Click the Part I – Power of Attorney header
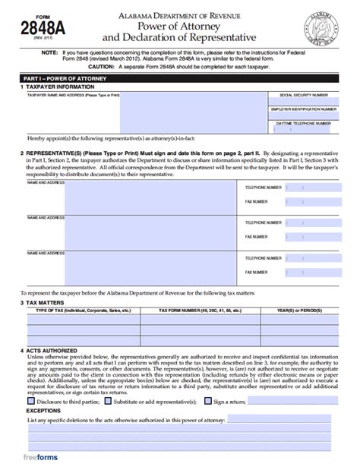point(57,79)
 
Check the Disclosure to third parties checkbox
point(30,401)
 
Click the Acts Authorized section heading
point(52,352)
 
